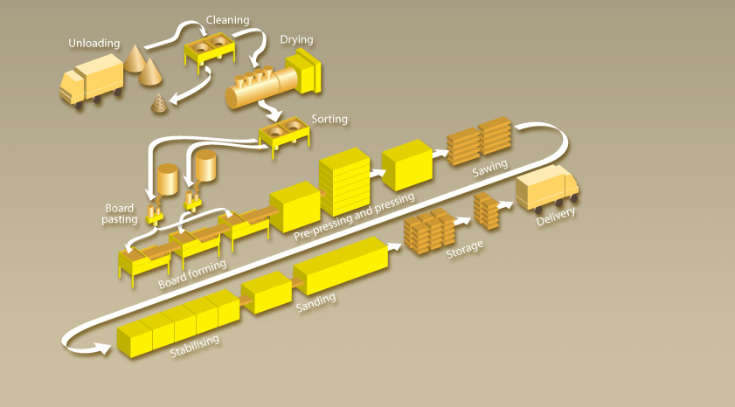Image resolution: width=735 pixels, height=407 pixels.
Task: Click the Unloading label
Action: pyautogui.click(x=94, y=43)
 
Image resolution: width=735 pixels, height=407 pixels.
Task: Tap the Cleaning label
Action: pyautogui.click(x=227, y=19)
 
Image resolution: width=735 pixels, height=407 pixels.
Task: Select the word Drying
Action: pyautogui.click(x=296, y=39)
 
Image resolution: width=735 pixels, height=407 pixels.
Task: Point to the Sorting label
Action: pyautogui.click(x=329, y=119)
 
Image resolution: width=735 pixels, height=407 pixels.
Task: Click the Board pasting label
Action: pyautogui.click(x=121, y=214)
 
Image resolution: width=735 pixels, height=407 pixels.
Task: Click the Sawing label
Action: pyautogui.click(x=490, y=165)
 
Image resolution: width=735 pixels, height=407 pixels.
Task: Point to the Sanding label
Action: pyautogui.click(x=315, y=301)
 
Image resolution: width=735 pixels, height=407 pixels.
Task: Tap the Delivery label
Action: pyautogui.click(x=556, y=215)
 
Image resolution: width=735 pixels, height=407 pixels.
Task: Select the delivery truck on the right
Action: pyautogui.click(x=548, y=189)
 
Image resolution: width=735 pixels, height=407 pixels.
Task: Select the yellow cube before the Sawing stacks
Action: pyautogui.click(x=407, y=163)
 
